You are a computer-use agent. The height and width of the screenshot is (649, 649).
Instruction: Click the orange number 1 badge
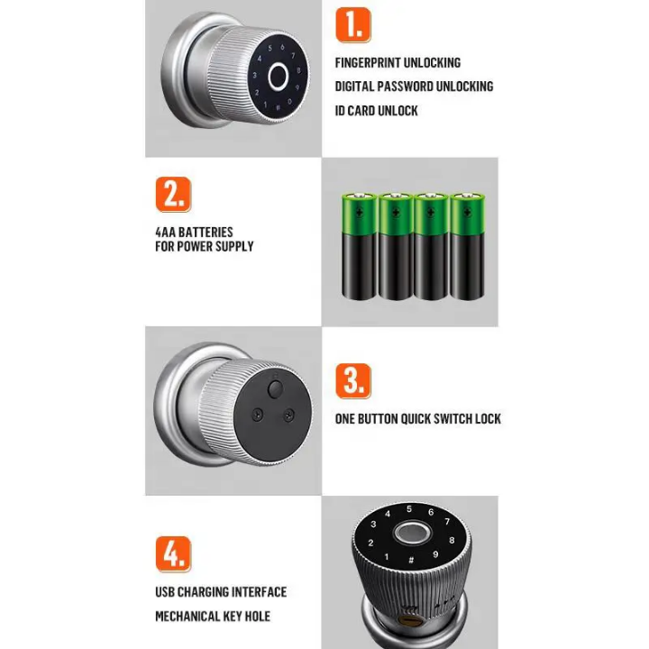click(x=352, y=24)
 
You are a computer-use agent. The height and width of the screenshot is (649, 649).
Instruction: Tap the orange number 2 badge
click(x=172, y=194)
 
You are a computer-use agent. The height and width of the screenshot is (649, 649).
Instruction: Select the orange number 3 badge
click(x=352, y=380)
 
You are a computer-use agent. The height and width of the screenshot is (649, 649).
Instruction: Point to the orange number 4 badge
click(x=172, y=553)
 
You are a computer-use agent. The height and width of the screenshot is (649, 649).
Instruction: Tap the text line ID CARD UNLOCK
click(x=376, y=111)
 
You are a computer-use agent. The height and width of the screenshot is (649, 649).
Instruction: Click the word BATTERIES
click(x=206, y=232)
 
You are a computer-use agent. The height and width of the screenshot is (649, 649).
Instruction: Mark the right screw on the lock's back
click(x=288, y=415)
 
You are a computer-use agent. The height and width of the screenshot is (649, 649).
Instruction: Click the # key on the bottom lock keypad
click(x=410, y=561)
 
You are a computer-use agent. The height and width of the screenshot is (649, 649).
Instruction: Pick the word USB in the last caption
click(x=166, y=592)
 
